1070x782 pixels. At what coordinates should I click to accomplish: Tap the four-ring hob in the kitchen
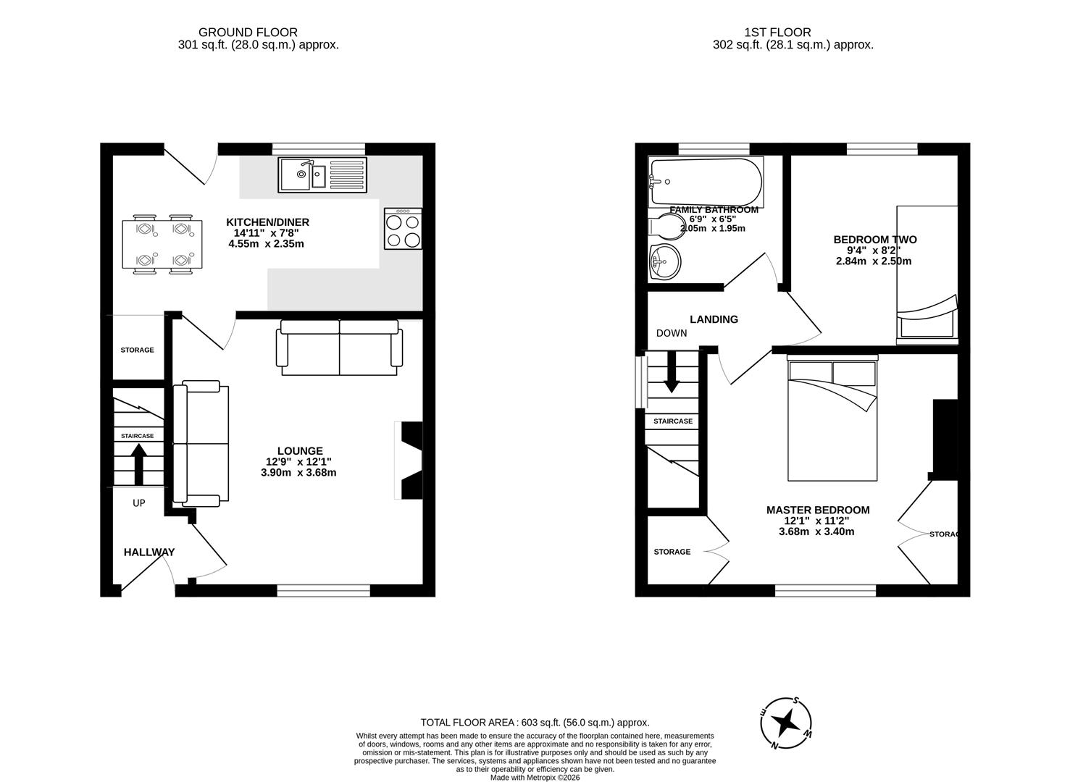tap(403, 230)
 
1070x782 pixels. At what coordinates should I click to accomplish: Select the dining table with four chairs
tap(163, 244)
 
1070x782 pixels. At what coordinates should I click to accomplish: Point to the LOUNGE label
tap(299, 450)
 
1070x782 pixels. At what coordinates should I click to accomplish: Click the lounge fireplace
tap(410, 461)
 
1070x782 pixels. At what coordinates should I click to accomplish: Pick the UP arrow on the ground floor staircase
tap(138, 463)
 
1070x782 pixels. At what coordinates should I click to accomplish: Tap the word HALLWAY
tap(149, 552)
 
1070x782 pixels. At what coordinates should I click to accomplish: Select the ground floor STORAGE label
tap(137, 350)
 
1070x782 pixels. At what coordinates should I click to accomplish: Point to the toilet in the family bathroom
tap(663, 227)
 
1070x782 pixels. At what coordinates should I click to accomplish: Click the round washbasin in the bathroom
tap(664, 261)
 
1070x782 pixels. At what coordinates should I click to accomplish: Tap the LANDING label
tap(714, 319)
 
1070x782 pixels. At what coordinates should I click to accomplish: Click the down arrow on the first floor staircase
tap(672, 371)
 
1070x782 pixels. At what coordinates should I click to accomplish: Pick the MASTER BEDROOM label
tap(818, 510)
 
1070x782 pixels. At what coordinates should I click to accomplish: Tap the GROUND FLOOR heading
tap(248, 33)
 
